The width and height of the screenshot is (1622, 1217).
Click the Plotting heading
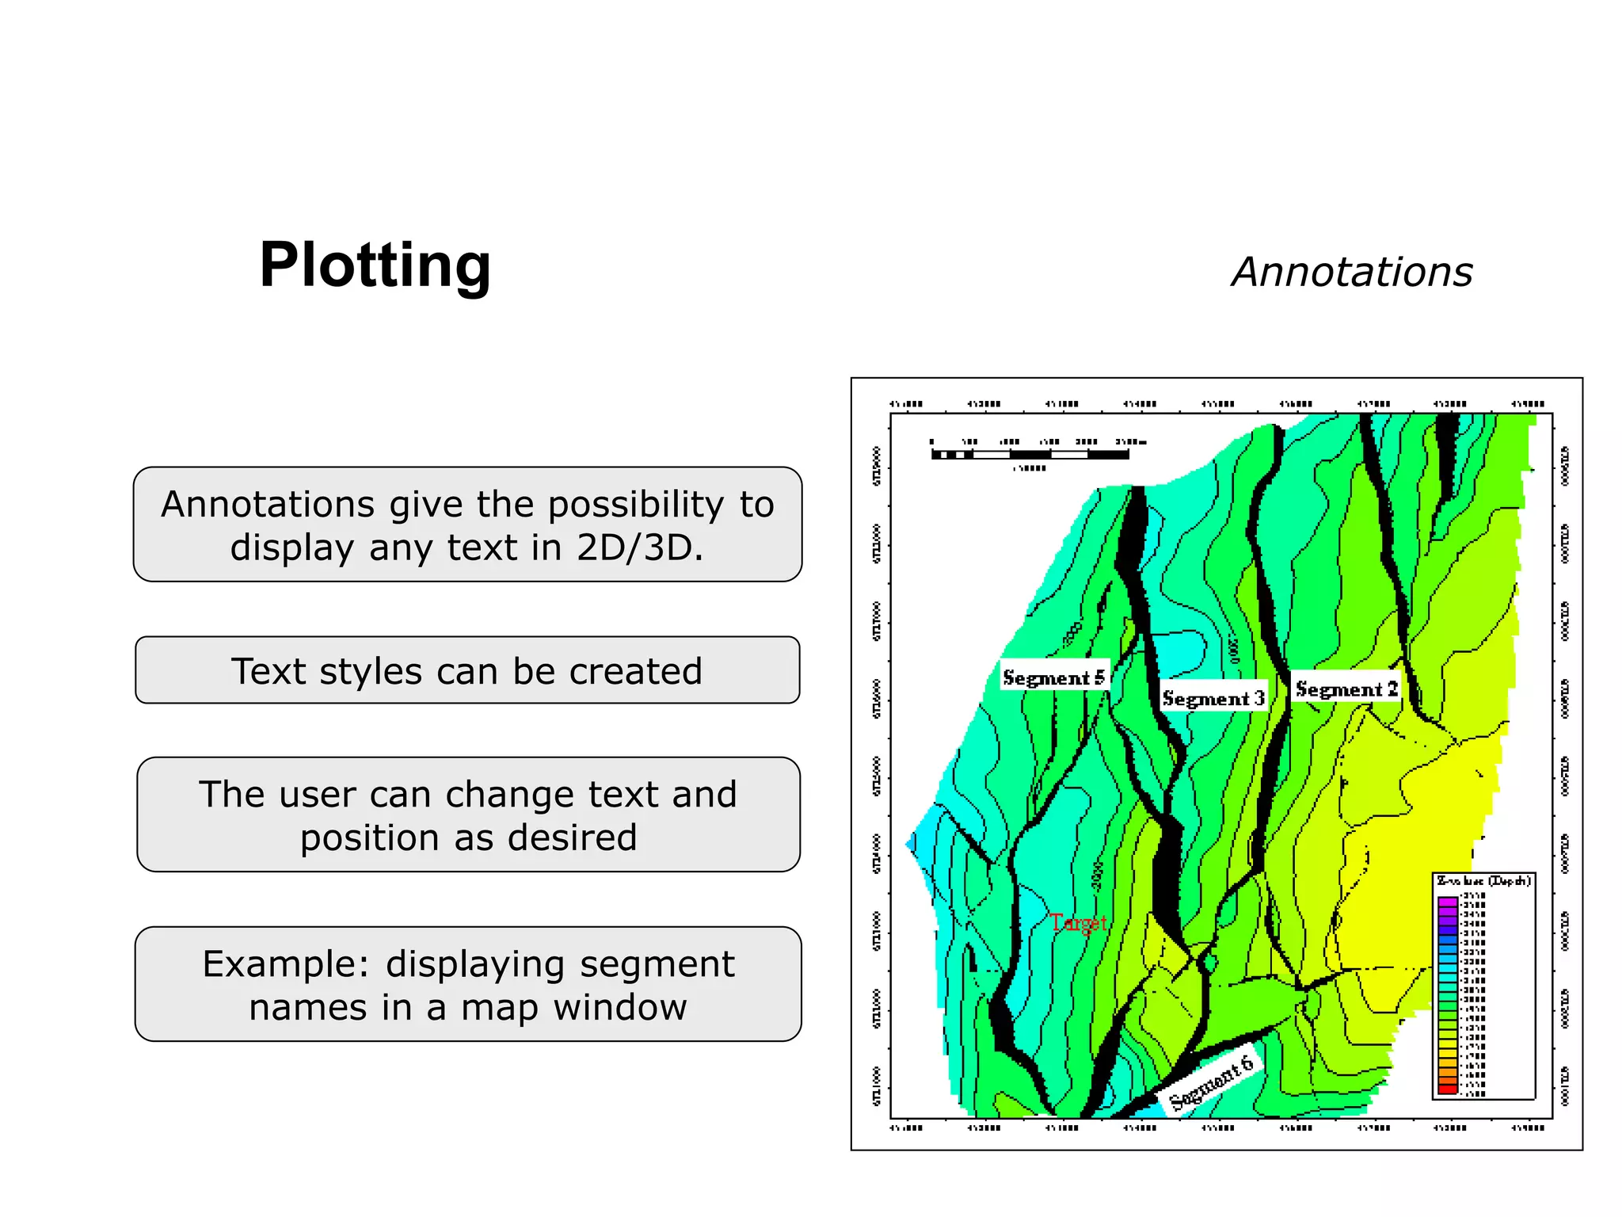tap(375, 265)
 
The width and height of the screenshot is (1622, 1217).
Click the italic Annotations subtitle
tap(1351, 273)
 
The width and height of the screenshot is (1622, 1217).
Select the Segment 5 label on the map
tap(1053, 677)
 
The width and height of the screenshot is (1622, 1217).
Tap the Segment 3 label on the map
tap(1213, 698)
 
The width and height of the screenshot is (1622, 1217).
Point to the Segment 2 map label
tap(1346, 689)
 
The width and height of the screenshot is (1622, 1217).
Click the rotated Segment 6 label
tap(1212, 1082)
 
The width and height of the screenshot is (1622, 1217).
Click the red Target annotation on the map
tap(1078, 922)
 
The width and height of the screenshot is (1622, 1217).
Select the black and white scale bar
tap(1030, 455)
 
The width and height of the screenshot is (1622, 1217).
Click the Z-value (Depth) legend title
tap(1483, 881)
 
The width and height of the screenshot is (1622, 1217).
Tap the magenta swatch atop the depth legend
tap(1447, 902)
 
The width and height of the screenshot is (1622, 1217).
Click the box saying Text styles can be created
tap(467, 670)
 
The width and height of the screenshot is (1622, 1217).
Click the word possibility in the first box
tap(635, 505)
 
